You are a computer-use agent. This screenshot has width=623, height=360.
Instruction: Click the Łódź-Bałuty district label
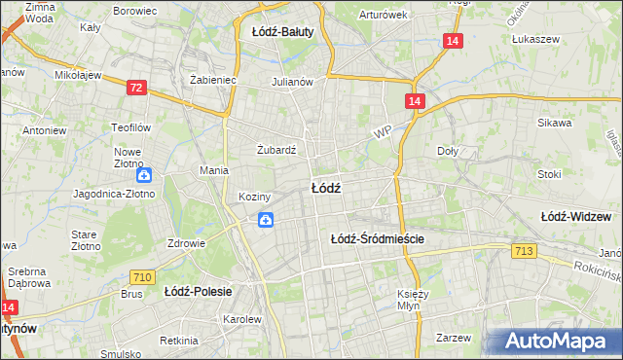[x=282, y=31]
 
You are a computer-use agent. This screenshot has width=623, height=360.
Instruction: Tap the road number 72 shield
[x=136, y=89]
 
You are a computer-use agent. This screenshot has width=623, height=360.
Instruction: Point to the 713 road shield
[x=524, y=253]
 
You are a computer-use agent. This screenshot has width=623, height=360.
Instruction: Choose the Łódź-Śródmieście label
[x=379, y=238]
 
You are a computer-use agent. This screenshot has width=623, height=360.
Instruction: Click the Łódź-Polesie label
[x=196, y=291]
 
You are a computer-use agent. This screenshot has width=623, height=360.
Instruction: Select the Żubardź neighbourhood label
[x=275, y=150]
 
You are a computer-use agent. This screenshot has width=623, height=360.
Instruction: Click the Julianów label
[x=292, y=82]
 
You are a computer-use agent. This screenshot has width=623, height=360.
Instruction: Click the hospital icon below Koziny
[x=266, y=222]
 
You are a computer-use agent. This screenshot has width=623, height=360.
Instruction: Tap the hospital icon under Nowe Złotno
[x=144, y=175]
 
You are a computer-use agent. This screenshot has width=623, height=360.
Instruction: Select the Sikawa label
[x=559, y=124]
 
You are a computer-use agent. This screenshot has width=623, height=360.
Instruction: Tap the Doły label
[x=448, y=151]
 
